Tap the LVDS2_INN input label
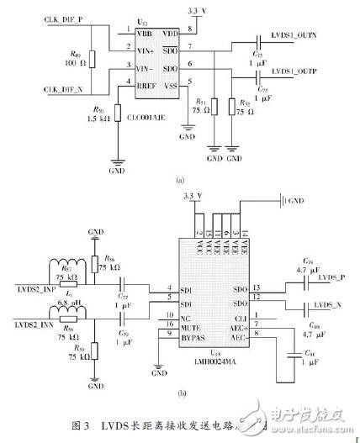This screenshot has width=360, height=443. pyautogui.click(x=34, y=324)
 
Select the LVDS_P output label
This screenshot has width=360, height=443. pyautogui.click(x=328, y=277)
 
